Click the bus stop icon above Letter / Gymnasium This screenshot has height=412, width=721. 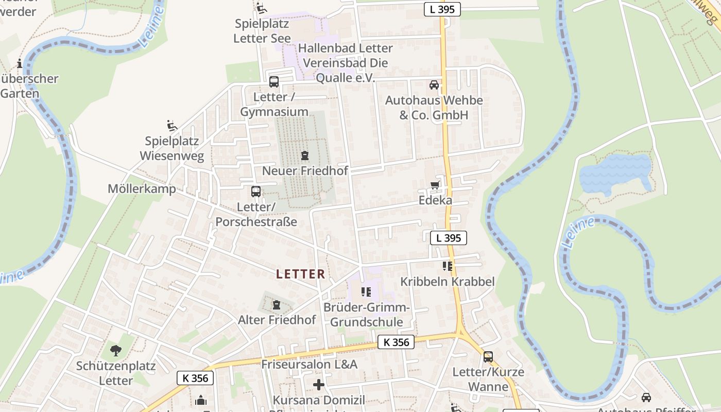(x=274, y=81)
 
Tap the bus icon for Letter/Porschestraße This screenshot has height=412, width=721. (x=256, y=192)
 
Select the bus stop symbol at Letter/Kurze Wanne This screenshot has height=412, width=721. (x=488, y=356)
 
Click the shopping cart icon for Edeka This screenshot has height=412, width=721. (x=435, y=185)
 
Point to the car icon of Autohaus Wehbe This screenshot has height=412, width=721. (x=434, y=85)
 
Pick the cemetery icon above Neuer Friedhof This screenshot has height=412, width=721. (x=305, y=155)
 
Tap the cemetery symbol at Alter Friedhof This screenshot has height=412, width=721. (x=277, y=305)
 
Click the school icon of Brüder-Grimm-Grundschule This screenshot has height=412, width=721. (x=366, y=292)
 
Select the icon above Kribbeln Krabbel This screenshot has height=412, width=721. (x=447, y=266)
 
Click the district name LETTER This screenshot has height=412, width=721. (x=301, y=274)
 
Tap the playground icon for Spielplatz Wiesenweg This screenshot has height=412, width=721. (x=172, y=126)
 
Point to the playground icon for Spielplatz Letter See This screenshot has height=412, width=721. (x=262, y=8)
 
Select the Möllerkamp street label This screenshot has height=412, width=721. (x=142, y=188)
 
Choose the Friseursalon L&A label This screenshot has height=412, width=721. (x=309, y=364)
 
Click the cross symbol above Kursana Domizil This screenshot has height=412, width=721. (x=319, y=385)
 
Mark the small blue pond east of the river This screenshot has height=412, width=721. (x=615, y=173)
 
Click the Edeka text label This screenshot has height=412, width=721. (x=435, y=200)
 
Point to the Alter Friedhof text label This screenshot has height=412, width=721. (x=277, y=320)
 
